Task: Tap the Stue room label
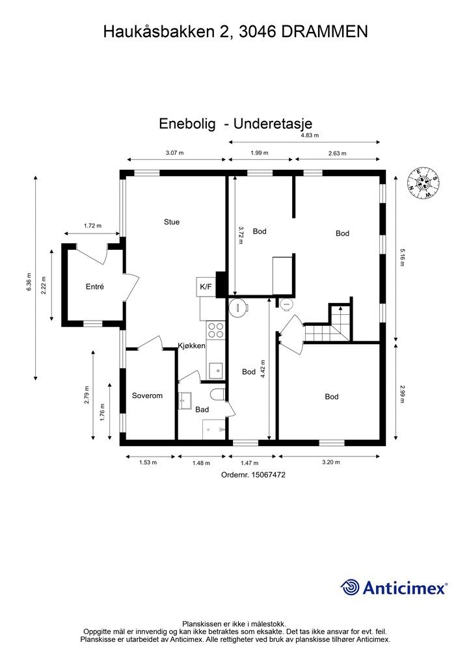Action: tap(172, 222)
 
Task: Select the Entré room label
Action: tap(95, 286)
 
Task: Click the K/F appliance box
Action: tap(205, 286)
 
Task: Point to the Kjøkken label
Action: tap(192, 346)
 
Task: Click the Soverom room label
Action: tap(147, 395)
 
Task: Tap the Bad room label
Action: tap(202, 410)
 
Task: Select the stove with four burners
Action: tap(216, 330)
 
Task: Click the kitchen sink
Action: tap(215, 370)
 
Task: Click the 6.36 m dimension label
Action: tap(28, 281)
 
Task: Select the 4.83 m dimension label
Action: tap(309, 135)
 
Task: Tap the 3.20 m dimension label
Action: tap(331, 462)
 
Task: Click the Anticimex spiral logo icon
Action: tap(350, 587)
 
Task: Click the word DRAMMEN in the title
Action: tap(325, 31)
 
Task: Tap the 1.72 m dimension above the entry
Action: tap(92, 226)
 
